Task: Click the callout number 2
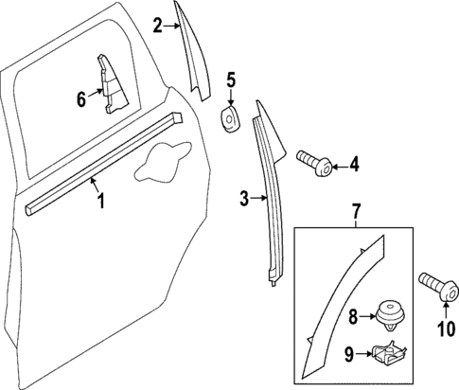point(157,27)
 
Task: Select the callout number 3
point(243,198)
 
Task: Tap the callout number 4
point(354,165)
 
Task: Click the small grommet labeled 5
point(229,119)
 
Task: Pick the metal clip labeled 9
point(387,356)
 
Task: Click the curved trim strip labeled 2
point(193,52)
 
